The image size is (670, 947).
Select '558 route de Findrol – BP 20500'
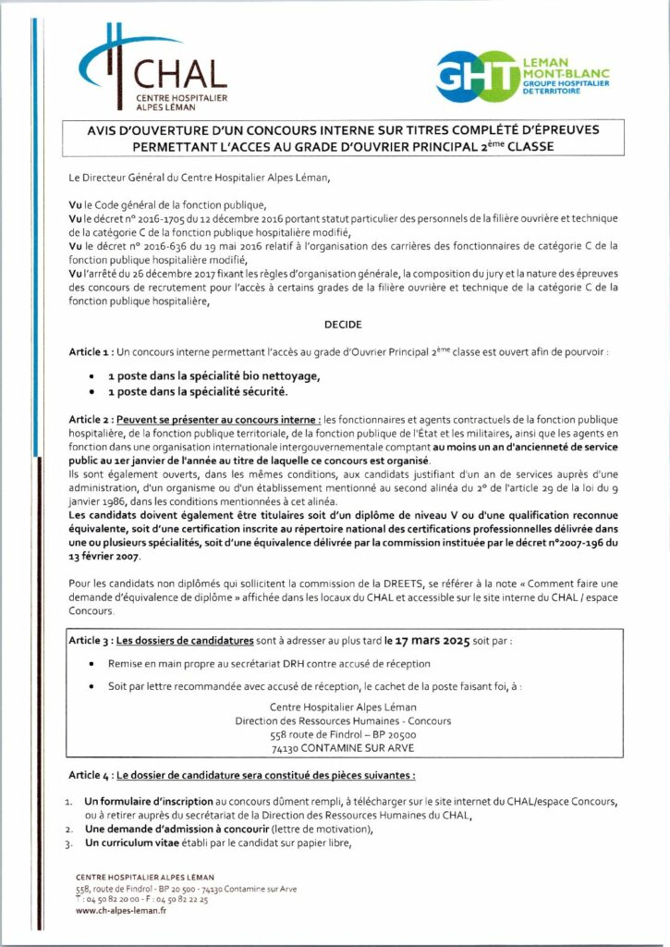335,732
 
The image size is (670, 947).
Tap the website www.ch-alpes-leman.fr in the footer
121,910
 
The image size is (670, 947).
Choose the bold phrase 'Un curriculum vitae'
135,843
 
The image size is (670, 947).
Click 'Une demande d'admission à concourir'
168,830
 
